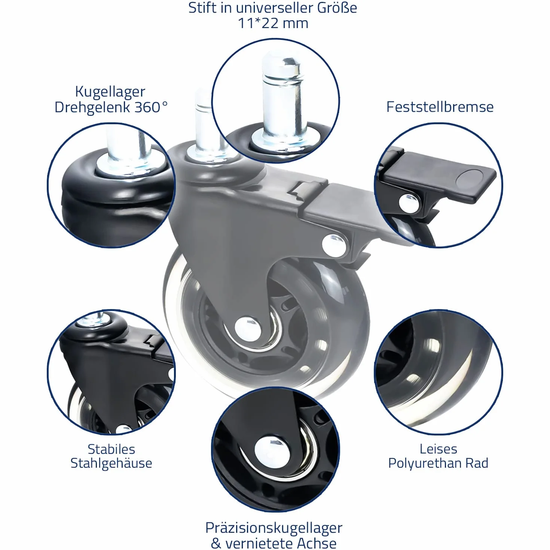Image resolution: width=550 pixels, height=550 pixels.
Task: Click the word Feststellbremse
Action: [x=440, y=107]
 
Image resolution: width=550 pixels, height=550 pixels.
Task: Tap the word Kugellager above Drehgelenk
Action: [x=110, y=92]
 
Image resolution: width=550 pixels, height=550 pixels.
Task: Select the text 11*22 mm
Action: [x=273, y=24]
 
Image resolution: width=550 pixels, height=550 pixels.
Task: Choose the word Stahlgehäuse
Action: [x=111, y=463]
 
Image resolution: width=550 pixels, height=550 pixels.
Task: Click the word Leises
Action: [x=439, y=449]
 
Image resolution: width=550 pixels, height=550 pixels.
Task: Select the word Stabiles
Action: [x=111, y=449]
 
